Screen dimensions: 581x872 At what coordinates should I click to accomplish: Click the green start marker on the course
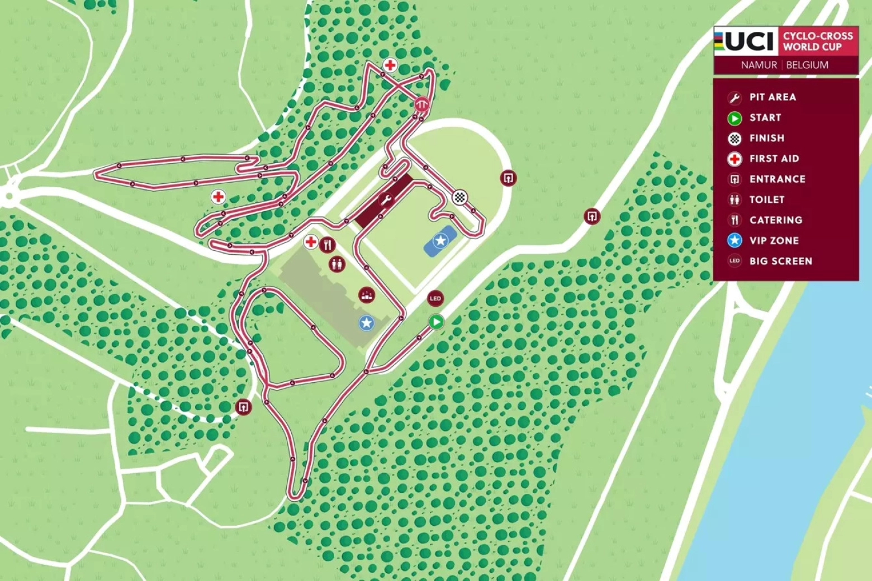pos(436,322)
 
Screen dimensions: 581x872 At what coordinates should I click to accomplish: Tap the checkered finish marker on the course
pos(459,197)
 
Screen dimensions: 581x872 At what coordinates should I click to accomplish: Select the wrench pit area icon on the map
pos(386,199)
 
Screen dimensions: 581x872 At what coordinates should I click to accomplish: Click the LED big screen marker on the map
pos(435,298)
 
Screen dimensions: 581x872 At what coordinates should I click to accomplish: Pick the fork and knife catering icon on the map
pos(328,244)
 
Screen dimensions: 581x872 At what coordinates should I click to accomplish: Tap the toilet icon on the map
pos(337,264)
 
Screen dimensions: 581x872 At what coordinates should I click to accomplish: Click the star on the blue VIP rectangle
pos(440,241)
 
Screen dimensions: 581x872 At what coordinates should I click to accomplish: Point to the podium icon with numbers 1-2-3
pos(366,294)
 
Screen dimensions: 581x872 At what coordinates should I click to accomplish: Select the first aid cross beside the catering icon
pos(311,242)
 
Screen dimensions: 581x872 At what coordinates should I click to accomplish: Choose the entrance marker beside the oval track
pos(508,178)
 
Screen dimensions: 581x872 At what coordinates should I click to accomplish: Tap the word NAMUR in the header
pos(759,65)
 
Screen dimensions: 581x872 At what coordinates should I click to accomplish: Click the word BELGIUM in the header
pos(807,65)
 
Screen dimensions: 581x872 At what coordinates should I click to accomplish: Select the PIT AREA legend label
pos(773,97)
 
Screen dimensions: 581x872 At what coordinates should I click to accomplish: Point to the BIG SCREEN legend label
pos(780,261)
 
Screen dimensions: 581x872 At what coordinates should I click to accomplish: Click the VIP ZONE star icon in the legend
pos(734,240)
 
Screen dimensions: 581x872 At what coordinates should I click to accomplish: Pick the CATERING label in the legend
pos(776,220)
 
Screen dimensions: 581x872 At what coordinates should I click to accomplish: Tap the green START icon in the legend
pos(734,118)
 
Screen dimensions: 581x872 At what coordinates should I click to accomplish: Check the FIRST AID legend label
pos(774,159)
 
